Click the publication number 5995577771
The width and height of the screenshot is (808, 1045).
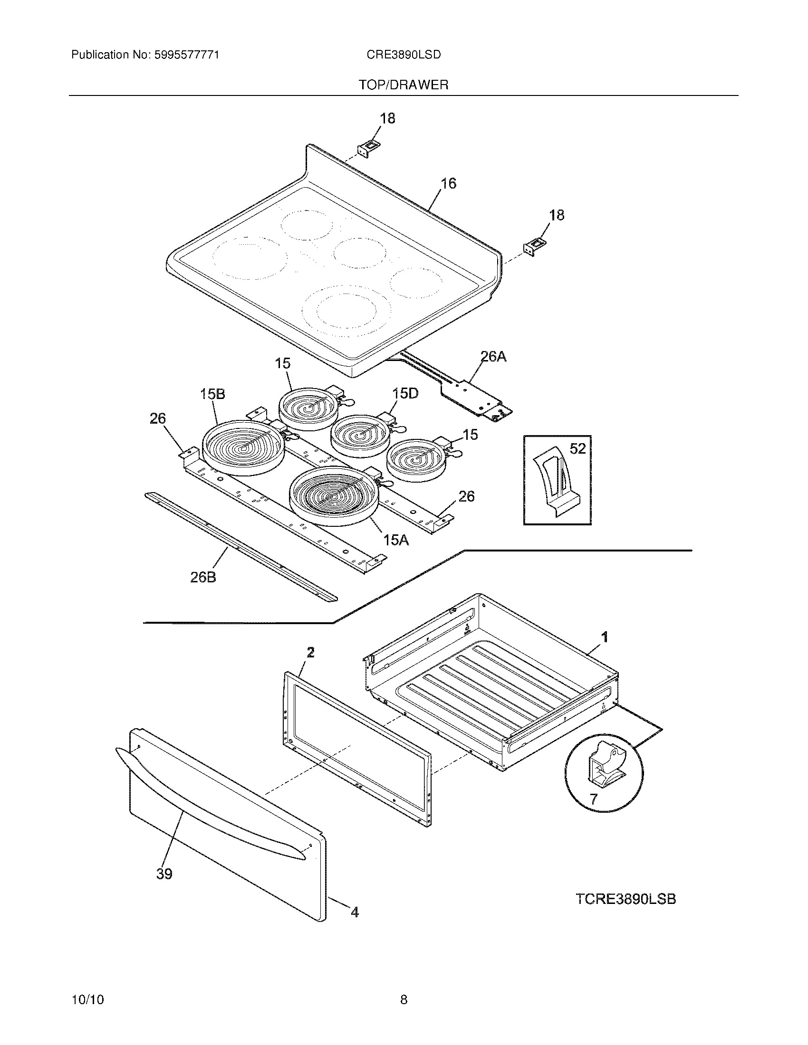(187, 55)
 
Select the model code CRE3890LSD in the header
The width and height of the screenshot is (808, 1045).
(404, 55)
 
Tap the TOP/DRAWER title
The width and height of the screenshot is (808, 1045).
(404, 85)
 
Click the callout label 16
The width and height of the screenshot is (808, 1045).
(448, 183)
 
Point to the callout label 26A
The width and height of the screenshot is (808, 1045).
(493, 356)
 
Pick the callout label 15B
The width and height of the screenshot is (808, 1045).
(212, 394)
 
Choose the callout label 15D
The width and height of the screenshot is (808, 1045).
(405, 393)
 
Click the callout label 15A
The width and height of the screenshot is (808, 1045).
(396, 540)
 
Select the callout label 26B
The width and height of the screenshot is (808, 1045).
(203, 578)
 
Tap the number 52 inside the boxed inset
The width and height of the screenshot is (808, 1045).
(578, 448)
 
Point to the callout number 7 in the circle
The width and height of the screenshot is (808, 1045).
(594, 798)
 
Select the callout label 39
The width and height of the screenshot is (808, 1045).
(164, 874)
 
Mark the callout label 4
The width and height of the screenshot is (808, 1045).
(354, 912)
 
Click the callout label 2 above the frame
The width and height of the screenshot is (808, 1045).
(311, 652)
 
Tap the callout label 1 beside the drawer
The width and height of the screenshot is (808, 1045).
(605, 637)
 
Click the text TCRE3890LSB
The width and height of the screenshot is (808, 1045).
(625, 899)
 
